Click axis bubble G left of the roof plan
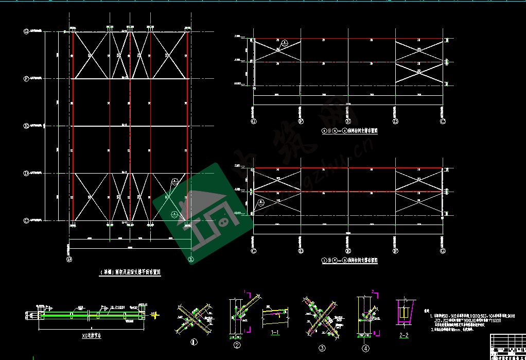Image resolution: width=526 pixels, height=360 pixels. (26, 31)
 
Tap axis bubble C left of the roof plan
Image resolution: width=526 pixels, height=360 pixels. (26, 220)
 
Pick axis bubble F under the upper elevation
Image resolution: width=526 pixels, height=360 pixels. (301, 122)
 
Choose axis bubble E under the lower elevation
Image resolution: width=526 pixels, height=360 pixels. (348, 251)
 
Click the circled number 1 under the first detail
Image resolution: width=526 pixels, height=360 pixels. (194, 341)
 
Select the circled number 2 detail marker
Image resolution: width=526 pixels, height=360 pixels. (237, 346)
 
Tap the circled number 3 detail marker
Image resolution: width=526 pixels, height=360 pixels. (322, 348)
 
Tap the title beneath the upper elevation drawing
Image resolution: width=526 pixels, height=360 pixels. (349, 131)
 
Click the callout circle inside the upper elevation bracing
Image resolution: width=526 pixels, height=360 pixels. (286, 42)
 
